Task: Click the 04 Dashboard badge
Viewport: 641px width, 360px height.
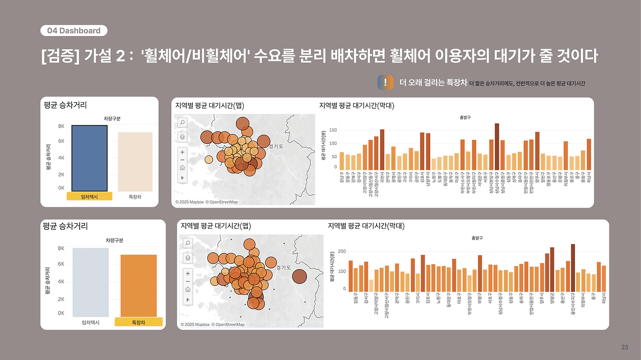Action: (x=74, y=31)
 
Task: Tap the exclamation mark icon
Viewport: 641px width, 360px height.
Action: (x=385, y=83)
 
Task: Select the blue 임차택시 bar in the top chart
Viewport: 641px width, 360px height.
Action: (x=89, y=158)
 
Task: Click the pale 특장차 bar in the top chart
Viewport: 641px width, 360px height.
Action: (x=135, y=161)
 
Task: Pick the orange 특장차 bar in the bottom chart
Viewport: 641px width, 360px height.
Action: (x=139, y=285)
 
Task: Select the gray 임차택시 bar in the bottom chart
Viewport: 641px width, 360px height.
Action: (x=91, y=282)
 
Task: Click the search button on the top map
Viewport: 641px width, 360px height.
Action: (x=182, y=122)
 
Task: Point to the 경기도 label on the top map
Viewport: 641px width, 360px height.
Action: (x=276, y=147)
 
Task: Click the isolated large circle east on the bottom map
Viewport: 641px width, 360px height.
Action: (x=299, y=276)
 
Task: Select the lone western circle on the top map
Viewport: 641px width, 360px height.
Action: (x=208, y=160)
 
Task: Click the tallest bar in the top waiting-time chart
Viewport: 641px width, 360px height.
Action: (x=497, y=146)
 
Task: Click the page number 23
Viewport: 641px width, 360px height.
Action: (x=624, y=347)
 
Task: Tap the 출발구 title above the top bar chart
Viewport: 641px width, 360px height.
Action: (x=465, y=117)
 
